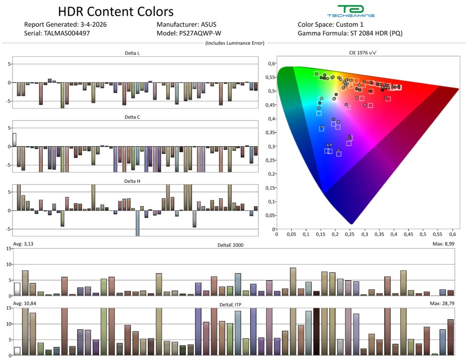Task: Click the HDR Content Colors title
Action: pyautogui.click(x=115, y=11)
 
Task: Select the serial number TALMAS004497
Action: pyautogui.click(x=67, y=33)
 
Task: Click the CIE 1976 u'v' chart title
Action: pyautogui.click(x=367, y=53)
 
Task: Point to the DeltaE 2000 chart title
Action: pyautogui.click(x=231, y=245)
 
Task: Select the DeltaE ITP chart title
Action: pyautogui.click(x=231, y=304)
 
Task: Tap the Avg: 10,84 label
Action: pyautogui.click(x=24, y=304)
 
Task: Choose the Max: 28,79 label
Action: pyautogui.click(x=440, y=304)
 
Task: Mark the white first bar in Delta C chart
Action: pyautogui.click(x=14, y=140)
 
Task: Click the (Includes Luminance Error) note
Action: pyautogui.click(x=234, y=43)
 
